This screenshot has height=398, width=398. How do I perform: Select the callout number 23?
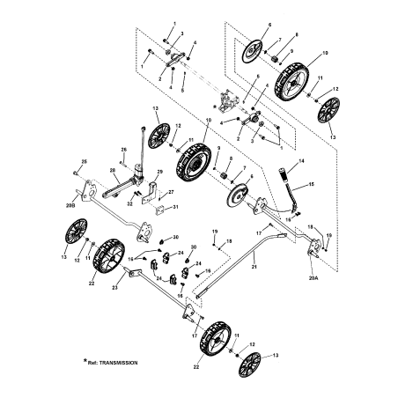click(x=116, y=287)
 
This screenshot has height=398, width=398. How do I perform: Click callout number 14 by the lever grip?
click(x=301, y=161)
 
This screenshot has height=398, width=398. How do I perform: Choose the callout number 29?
click(x=160, y=171)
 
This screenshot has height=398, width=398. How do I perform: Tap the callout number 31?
click(x=175, y=207)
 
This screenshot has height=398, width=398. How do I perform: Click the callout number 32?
click(x=129, y=203)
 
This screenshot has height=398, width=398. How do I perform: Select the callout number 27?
click(x=172, y=189)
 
